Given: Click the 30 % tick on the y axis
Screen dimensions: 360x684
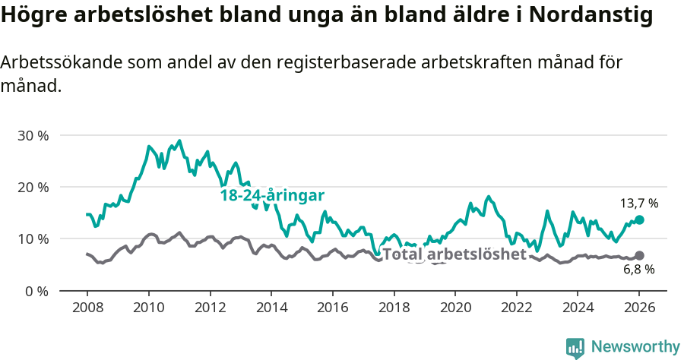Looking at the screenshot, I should pos(32,135).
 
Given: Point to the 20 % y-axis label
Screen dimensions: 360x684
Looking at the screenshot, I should pos(32,187).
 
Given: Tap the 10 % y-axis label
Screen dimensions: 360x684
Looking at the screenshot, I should pos(32,238).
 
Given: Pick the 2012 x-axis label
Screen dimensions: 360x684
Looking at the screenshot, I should pos(210,308).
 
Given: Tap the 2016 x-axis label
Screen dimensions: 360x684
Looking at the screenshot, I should pos(332,308).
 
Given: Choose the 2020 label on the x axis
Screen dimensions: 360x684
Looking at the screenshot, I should pos(454,308).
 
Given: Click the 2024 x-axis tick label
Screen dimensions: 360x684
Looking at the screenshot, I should pos(578,308).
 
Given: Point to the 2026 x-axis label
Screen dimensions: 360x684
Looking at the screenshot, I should pos(639,308).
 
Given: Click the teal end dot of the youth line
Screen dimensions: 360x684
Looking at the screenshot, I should pos(639,219).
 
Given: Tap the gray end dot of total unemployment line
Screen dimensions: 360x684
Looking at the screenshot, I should pos(639,255).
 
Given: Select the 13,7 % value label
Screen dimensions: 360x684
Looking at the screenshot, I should pos(638,204).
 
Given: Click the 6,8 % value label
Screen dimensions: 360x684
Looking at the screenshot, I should pos(638,270).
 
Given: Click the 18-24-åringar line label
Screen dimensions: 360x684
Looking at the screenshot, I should pos(272,195).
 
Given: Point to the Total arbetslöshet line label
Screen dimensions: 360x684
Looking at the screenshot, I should pos(454,254).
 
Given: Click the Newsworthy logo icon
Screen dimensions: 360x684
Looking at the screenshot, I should pos(575,347).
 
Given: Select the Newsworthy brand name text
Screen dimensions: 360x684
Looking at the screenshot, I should pos(635,347).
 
